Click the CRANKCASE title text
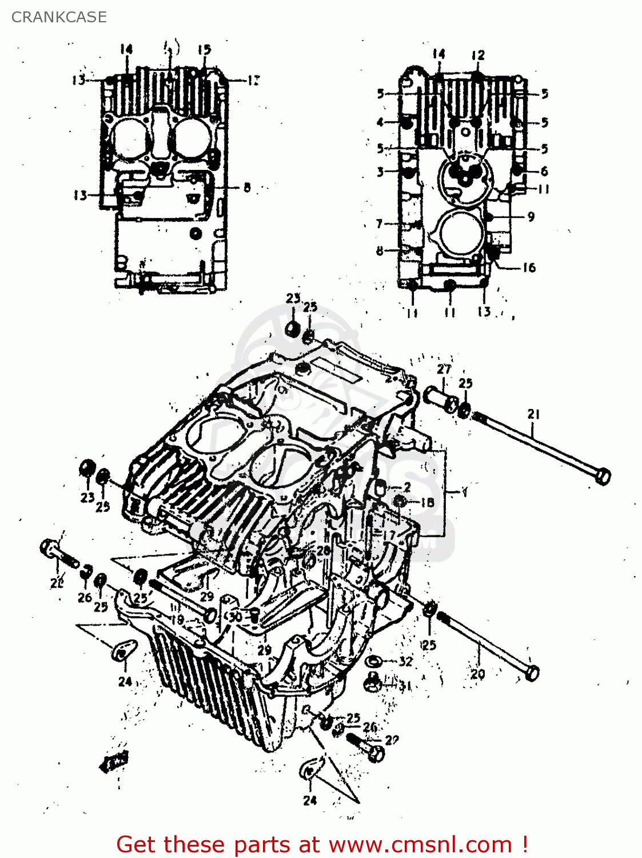click(x=59, y=17)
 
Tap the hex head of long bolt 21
click(x=602, y=475)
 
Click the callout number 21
click(x=533, y=414)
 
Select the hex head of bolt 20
click(x=531, y=673)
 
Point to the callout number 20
click(x=477, y=674)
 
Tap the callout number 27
click(x=444, y=370)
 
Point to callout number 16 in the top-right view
click(x=529, y=267)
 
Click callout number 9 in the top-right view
click(x=531, y=216)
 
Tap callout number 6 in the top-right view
click(x=544, y=170)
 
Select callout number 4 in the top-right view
click(x=380, y=122)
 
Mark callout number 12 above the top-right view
click(x=478, y=55)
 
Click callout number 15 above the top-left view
click(x=204, y=50)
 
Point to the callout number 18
click(x=427, y=502)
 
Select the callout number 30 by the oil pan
click(x=234, y=617)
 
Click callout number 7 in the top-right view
click(x=380, y=223)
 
